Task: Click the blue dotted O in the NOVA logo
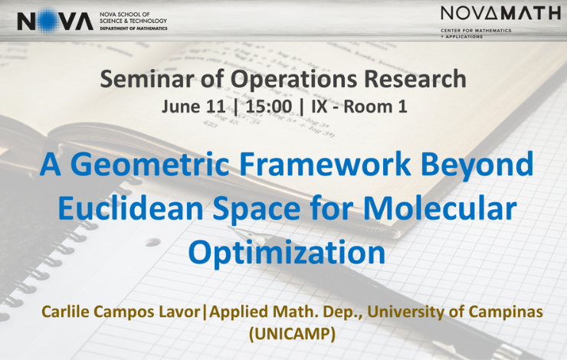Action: point(48,21)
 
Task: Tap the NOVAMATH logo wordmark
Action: point(501,14)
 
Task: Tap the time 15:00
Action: point(269,106)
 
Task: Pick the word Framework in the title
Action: point(325,164)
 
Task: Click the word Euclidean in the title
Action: point(130,208)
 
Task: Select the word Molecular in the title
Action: point(440,208)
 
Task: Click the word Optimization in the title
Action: point(287,253)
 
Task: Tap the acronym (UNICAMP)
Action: point(292,334)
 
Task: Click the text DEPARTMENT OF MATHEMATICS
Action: point(133,28)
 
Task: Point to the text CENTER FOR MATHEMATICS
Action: point(476,31)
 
